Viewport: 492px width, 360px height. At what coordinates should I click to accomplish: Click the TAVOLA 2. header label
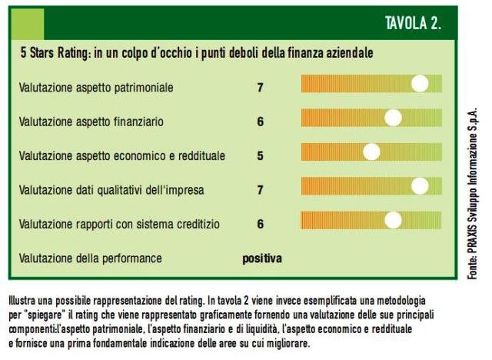pos(412,23)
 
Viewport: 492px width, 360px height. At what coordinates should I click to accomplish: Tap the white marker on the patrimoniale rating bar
pos(420,83)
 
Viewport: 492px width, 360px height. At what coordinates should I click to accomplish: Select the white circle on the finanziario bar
pos(394,118)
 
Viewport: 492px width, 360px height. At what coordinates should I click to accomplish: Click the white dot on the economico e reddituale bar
pos(371,152)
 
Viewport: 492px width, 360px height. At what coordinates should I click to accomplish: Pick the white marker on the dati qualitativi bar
pos(420,186)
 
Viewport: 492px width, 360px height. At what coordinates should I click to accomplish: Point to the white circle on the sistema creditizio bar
pos(394,221)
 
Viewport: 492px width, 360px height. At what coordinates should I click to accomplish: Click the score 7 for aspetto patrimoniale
pos(261,87)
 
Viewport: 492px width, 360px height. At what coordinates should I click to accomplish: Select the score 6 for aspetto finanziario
pos(261,122)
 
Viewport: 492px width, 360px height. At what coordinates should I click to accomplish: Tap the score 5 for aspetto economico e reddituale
pos(261,155)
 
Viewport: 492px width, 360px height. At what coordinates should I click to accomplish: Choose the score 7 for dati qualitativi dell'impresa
pos(261,190)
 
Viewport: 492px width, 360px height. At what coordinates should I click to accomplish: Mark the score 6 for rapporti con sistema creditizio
pos(261,224)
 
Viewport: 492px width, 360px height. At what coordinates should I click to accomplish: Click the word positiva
pos(262,258)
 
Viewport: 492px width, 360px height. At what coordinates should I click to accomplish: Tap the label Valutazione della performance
pos(91,258)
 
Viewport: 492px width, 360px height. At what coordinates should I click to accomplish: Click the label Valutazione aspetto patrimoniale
pos(96,87)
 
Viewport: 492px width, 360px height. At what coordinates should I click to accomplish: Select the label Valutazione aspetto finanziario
pos(91,122)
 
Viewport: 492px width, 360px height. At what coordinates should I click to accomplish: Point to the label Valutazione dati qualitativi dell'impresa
pos(111,190)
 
